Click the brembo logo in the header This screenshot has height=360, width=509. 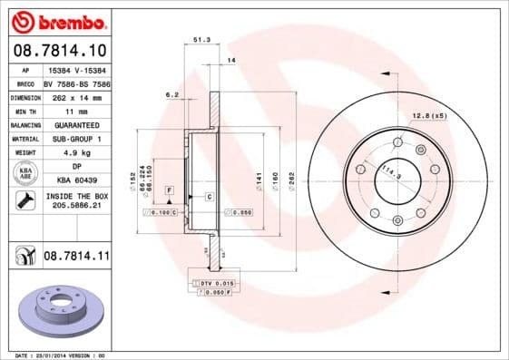point(57,20)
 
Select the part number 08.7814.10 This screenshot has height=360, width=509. point(59,50)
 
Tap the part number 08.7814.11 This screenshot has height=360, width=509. point(75,258)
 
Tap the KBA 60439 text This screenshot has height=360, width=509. point(72,181)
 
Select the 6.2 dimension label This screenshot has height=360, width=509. point(171,94)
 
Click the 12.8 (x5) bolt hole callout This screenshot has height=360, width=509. point(430,115)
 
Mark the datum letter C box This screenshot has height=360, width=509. point(209,196)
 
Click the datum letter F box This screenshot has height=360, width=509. point(169,188)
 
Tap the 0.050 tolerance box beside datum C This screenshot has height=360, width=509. point(238,213)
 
